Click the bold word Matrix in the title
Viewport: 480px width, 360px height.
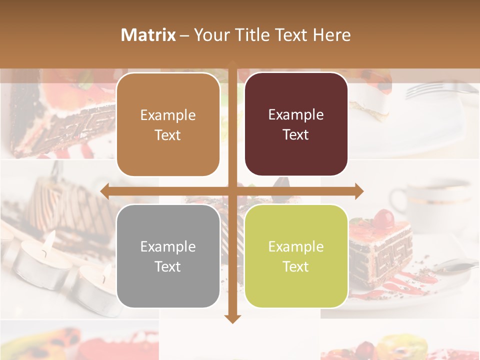[148, 35]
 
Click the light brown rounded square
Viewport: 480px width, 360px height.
[168, 124]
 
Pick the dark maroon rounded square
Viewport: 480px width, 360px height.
[296, 124]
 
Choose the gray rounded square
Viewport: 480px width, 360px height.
[168, 256]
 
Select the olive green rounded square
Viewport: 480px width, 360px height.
[296, 256]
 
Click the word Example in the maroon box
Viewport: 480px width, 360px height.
[296, 115]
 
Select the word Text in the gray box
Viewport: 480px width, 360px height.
[168, 266]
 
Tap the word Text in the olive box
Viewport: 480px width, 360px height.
[296, 266]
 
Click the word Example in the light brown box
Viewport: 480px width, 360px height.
[168, 115]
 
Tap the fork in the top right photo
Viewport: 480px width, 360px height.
[440, 89]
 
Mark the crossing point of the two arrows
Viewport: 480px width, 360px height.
[232, 191]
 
